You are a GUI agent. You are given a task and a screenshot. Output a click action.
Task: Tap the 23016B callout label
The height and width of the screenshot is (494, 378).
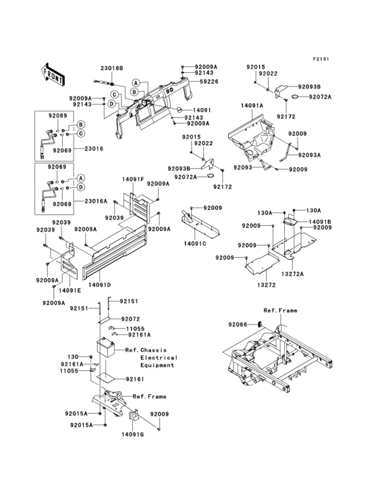point(112,68)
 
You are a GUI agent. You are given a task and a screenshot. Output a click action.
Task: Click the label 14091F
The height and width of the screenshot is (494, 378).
point(133,180)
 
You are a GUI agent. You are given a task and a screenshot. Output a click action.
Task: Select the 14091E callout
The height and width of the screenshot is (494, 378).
point(69,290)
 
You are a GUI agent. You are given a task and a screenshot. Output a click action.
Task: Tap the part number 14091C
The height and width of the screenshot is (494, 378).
point(194,244)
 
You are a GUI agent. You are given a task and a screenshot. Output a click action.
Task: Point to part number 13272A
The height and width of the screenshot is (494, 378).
point(293,274)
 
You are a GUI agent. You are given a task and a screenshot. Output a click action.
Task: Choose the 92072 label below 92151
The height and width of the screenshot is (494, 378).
point(130,319)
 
